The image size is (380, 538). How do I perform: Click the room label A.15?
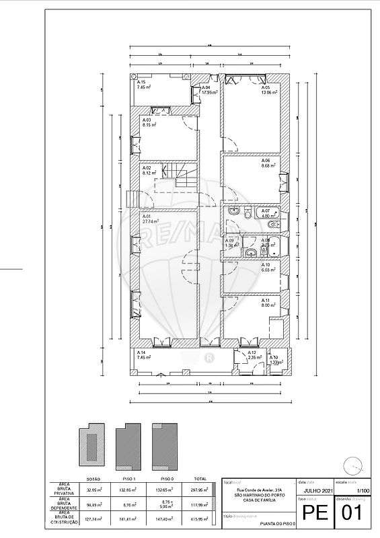[x=141, y=82]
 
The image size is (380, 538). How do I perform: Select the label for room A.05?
[x=266, y=87]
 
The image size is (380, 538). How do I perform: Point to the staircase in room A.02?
[x=182, y=177]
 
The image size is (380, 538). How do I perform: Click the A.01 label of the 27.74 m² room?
[x=146, y=216]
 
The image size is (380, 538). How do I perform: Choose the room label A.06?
[x=266, y=161]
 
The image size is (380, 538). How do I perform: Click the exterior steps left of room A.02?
[x=134, y=199]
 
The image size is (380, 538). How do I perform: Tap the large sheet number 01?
[x=352, y=514]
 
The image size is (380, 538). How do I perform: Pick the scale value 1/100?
[x=363, y=491]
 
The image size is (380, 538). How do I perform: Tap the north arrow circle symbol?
[x=351, y=464]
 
